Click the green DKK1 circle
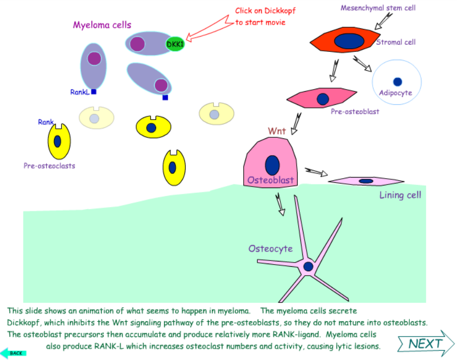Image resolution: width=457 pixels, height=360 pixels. [175, 45]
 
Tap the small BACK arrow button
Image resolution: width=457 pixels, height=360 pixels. [13, 353]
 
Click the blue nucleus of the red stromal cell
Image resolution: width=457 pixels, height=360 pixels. [350, 40]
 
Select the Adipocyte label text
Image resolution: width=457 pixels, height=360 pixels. [396, 93]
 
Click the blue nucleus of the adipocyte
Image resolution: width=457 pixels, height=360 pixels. [397, 82]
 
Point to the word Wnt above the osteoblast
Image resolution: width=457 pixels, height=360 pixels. [277, 130]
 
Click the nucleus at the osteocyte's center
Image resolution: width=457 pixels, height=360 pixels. [308, 266]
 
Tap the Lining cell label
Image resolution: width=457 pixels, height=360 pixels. [400, 195]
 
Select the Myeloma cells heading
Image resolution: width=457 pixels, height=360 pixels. [102, 25]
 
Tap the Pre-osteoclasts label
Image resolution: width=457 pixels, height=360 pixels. [49, 166]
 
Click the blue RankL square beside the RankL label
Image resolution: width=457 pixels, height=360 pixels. [93, 92]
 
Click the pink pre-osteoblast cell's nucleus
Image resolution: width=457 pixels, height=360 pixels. [323, 98]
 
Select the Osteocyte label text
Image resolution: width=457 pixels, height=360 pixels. [270, 248]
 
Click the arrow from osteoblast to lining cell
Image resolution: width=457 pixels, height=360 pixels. [316, 172]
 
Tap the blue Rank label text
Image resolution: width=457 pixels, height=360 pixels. [46, 122]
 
